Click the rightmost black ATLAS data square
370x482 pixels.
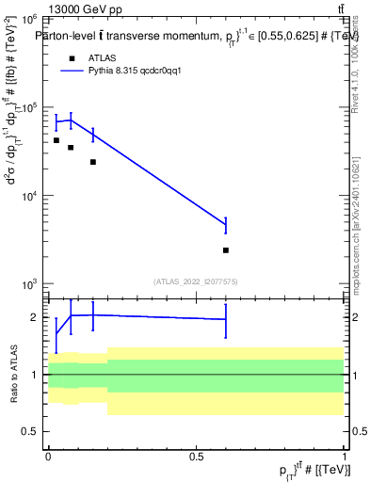[x=226, y=250]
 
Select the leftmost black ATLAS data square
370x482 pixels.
[x=56, y=140]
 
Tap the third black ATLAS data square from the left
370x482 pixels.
[x=93, y=162]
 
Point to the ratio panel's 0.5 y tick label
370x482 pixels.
[x=30, y=432]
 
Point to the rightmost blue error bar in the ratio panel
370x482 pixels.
[x=226, y=319]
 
